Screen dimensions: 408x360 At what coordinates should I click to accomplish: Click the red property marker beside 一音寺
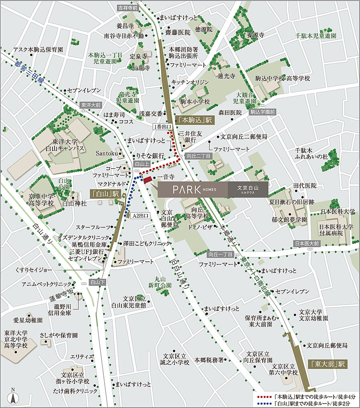[147, 179]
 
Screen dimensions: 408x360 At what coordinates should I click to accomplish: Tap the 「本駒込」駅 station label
[195, 120]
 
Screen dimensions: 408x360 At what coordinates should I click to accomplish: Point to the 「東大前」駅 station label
[328, 364]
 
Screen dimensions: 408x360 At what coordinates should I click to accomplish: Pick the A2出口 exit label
[142, 216]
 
